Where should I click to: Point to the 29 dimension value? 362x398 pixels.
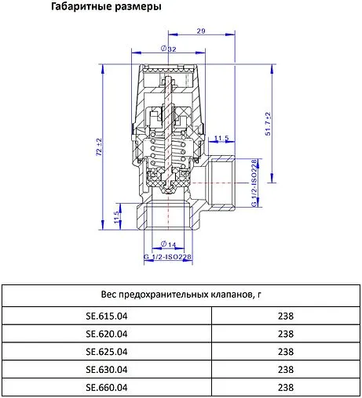[201, 31]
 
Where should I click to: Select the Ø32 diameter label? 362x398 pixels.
[168, 49]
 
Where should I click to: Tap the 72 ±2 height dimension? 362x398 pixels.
[98, 148]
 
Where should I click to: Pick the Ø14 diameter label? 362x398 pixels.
[167, 244]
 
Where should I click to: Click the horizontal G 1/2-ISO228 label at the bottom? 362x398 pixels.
[167, 257]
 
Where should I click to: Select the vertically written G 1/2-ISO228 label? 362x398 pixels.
[254, 183]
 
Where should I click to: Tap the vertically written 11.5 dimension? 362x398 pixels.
[117, 217]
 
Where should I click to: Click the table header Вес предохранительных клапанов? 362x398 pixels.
[181, 295]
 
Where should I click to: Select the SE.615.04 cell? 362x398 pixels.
[106, 317]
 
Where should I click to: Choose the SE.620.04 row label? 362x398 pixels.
[106, 335]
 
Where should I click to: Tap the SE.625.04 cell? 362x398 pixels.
[106, 352]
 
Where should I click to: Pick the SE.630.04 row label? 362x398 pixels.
[106, 369]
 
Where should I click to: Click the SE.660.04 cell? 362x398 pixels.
[106, 387]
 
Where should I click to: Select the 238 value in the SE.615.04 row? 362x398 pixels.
[286, 317]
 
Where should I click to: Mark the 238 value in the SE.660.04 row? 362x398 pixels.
[286, 387]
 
